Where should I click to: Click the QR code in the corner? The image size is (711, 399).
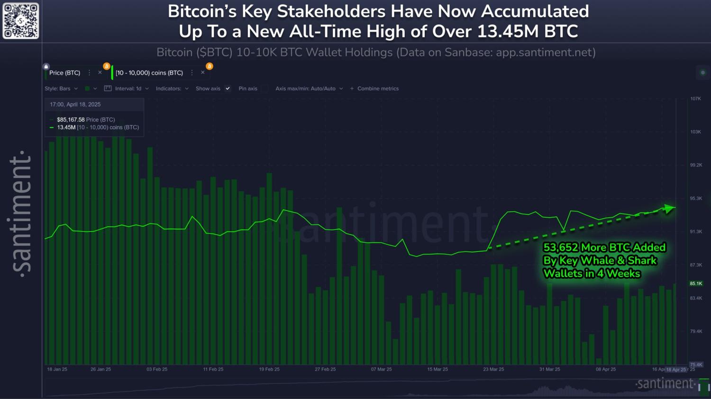[21, 21]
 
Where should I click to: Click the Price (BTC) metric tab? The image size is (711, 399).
[65, 73]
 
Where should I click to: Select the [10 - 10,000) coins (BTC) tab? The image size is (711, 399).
[149, 73]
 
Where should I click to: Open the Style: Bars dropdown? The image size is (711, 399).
[61, 89]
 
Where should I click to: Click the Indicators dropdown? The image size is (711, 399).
[172, 89]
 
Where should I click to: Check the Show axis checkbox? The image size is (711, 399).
[228, 89]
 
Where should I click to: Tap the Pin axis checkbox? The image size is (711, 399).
[264, 89]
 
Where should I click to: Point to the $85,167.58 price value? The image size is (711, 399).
[71, 120]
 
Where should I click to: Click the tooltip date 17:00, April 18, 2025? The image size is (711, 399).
[75, 105]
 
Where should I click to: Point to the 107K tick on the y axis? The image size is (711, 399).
[695, 99]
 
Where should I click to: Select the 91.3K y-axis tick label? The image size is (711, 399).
[696, 232]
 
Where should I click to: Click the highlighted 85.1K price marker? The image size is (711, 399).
[696, 284]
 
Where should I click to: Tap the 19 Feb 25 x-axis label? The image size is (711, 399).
[269, 369]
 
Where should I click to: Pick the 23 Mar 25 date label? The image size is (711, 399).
[493, 369]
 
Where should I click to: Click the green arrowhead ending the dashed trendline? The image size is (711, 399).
[669, 208]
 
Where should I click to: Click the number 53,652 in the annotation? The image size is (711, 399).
[561, 248]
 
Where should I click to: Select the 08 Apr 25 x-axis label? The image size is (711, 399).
[606, 369]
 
